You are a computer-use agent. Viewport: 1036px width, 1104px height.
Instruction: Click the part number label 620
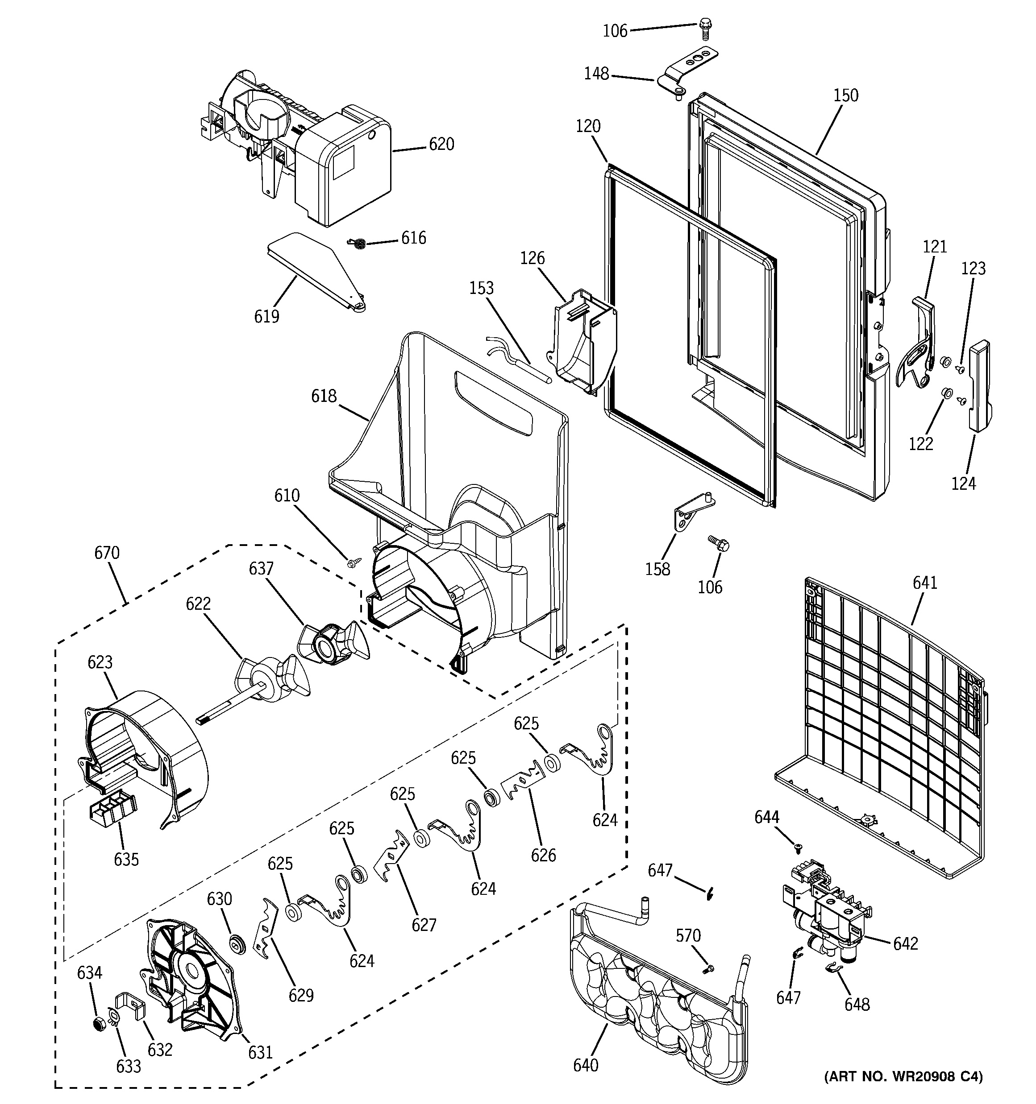441,145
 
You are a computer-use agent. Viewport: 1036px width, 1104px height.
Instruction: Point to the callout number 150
845,95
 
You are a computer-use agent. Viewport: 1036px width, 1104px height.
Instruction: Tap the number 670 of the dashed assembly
107,553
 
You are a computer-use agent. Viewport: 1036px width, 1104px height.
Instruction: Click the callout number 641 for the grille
925,583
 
